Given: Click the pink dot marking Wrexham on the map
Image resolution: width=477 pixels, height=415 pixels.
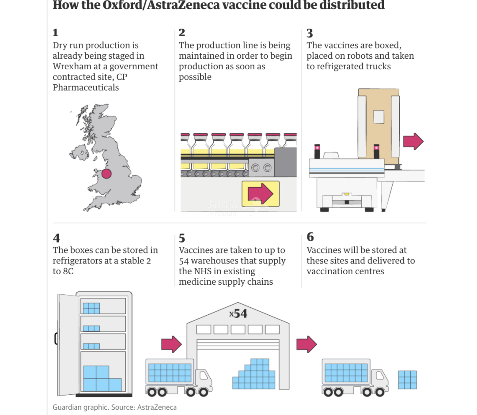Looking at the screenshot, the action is [x=106, y=174].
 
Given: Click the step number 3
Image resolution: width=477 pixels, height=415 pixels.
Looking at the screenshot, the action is [x=310, y=33].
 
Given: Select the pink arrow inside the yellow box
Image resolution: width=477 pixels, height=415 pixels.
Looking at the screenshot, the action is [x=261, y=193].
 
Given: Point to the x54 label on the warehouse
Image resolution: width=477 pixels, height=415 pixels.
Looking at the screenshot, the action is [x=238, y=313].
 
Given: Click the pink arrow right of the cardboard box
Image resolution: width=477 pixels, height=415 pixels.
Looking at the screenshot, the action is [x=413, y=141].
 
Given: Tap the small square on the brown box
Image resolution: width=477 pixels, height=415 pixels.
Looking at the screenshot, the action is [x=379, y=117].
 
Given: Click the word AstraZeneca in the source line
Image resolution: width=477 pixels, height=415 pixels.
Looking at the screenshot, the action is [x=157, y=407].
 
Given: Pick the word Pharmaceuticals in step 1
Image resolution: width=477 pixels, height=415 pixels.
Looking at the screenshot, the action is [x=86, y=87].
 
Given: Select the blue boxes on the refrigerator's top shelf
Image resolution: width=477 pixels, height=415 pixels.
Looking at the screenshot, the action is [x=91, y=308].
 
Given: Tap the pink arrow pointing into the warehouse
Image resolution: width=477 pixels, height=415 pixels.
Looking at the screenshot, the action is [x=171, y=344].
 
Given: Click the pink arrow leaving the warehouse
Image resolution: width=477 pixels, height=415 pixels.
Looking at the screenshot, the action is [x=307, y=344].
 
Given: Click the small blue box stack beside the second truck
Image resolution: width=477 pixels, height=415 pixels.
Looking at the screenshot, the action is [x=408, y=380].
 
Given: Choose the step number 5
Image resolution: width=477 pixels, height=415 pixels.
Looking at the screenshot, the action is [x=182, y=238].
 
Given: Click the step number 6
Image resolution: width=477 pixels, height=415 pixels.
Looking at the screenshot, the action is [x=310, y=237].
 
